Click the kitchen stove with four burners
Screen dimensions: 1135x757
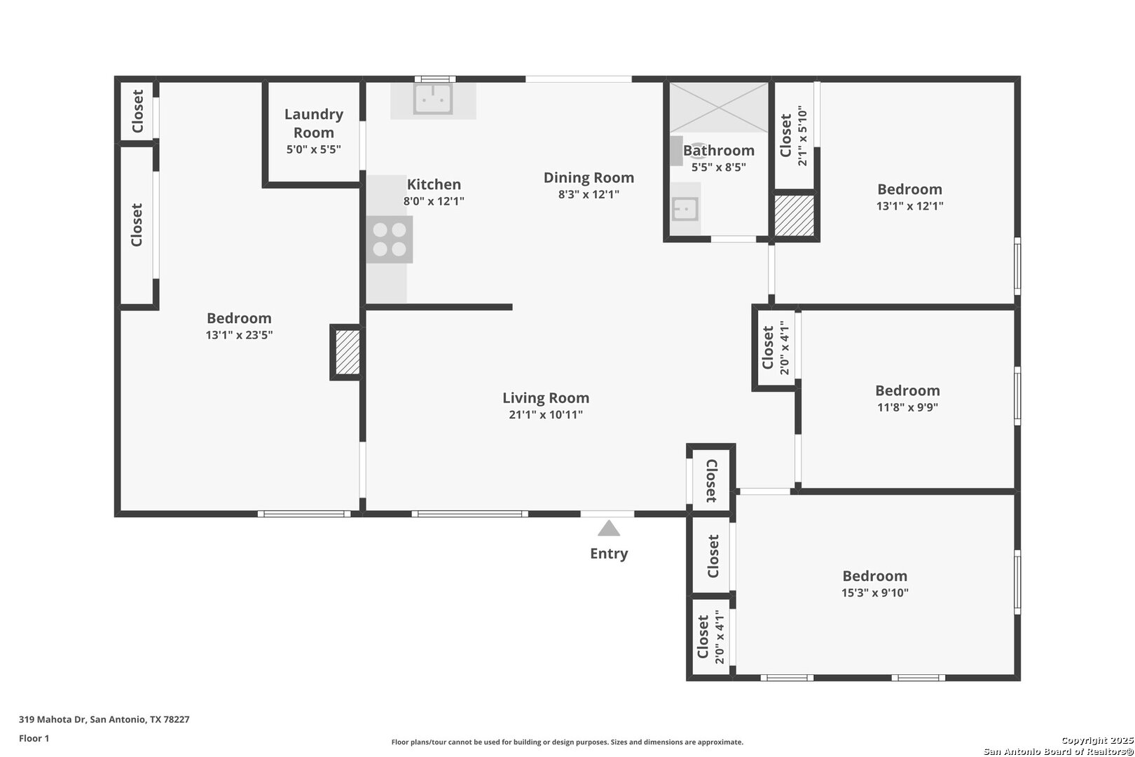[389, 239]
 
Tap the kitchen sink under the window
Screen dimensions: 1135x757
[433, 99]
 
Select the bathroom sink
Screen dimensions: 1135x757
[685, 209]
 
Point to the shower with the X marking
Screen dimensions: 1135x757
[719, 108]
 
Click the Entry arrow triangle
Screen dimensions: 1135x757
[609, 528]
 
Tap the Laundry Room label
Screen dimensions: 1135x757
[314, 123]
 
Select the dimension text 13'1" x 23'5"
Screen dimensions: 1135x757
[239, 334]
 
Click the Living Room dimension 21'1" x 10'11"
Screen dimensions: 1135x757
[546, 414]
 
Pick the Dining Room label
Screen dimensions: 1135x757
[589, 177]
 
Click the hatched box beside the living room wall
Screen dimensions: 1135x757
[348, 353]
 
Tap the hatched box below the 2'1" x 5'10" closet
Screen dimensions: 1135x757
[794, 215]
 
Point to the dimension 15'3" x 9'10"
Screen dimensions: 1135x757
[875, 592]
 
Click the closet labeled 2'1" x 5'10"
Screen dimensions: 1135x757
[794, 136]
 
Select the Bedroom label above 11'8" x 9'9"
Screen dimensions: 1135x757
[907, 390]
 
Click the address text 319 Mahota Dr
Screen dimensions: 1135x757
[52, 719]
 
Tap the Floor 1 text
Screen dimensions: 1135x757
[34, 738]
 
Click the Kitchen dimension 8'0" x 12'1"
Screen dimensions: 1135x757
[434, 200]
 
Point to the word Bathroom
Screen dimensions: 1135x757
[719, 151]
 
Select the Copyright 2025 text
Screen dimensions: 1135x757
[1097, 740]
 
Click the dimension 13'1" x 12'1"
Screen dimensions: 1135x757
[909, 206]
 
